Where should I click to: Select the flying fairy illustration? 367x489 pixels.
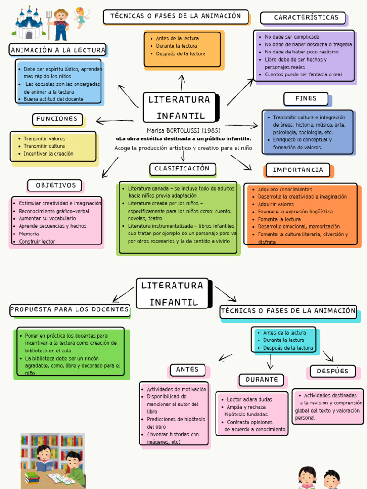pos(81,18)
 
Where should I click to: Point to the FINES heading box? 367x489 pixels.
pos(306,98)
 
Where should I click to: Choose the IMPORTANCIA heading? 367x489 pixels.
pos(298,170)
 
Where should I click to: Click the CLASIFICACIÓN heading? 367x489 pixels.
pos(182,169)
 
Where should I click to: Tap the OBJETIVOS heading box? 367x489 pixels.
pos(55,185)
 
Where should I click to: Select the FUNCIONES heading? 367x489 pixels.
pos(57,119)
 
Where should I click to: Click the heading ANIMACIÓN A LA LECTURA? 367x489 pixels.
pos(58,50)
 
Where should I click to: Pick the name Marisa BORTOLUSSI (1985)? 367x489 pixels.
pos(183,130)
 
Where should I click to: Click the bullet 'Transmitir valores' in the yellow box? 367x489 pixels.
pos(44,138)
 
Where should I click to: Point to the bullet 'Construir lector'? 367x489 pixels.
pos(37,242)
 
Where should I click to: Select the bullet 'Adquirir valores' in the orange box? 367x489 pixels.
pos(276,204)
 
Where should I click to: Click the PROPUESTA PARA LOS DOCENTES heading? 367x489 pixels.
pos(70,309)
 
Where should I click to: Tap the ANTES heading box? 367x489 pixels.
pos(187,370)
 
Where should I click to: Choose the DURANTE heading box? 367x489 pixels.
pos(261,380)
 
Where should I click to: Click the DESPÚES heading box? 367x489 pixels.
pos(333,371)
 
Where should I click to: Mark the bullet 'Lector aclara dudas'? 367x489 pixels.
pos(249,399)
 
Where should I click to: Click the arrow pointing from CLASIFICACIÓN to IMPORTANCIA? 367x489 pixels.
pos(242,162)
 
